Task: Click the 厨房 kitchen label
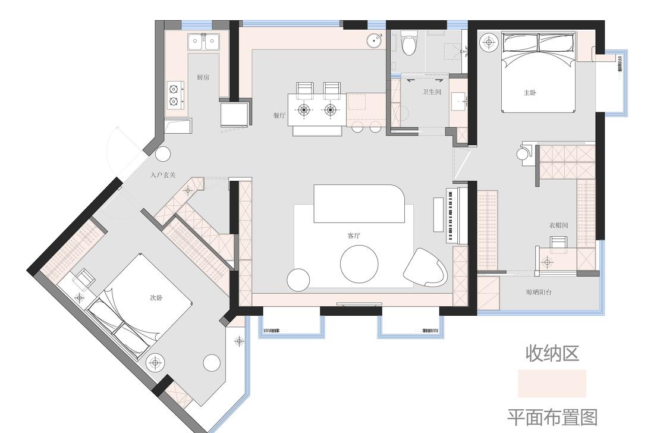coord(203,77)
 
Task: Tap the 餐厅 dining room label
coord(279,115)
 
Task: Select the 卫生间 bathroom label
coord(432,92)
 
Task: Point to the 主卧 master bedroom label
coord(530,92)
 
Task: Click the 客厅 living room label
coord(354,236)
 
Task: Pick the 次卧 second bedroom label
coord(156,298)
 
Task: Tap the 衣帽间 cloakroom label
coord(558,225)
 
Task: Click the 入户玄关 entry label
coord(163,175)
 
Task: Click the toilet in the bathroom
coord(410,43)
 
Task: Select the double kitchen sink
coord(204,41)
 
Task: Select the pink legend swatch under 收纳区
coord(552,384)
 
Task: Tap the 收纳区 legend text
coord(552,353)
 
